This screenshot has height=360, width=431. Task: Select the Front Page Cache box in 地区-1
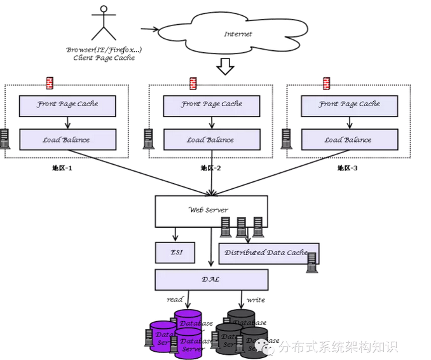[x=67, y=105]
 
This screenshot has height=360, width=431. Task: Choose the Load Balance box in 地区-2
[x=210, y=139]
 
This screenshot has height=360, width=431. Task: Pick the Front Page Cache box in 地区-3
[x=349, y=105]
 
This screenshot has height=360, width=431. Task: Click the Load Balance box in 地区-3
[x=349, y=139]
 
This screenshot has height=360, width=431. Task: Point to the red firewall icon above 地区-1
[x=50, y=83]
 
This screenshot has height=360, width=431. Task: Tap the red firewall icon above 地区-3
[x=327, y=83]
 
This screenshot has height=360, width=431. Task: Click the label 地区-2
[x=210, y=168]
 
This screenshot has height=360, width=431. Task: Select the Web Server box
[x=210, y=211]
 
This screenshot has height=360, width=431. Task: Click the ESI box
[x=176, y=253]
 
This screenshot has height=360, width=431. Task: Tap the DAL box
[x=210, y=279]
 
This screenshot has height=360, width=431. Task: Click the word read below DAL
[x=175, y=300]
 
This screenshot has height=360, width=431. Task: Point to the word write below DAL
[x=256, y=300]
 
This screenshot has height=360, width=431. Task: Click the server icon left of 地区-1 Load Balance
[x=5, y=138]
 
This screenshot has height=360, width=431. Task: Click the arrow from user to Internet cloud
[x=149, y=29]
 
